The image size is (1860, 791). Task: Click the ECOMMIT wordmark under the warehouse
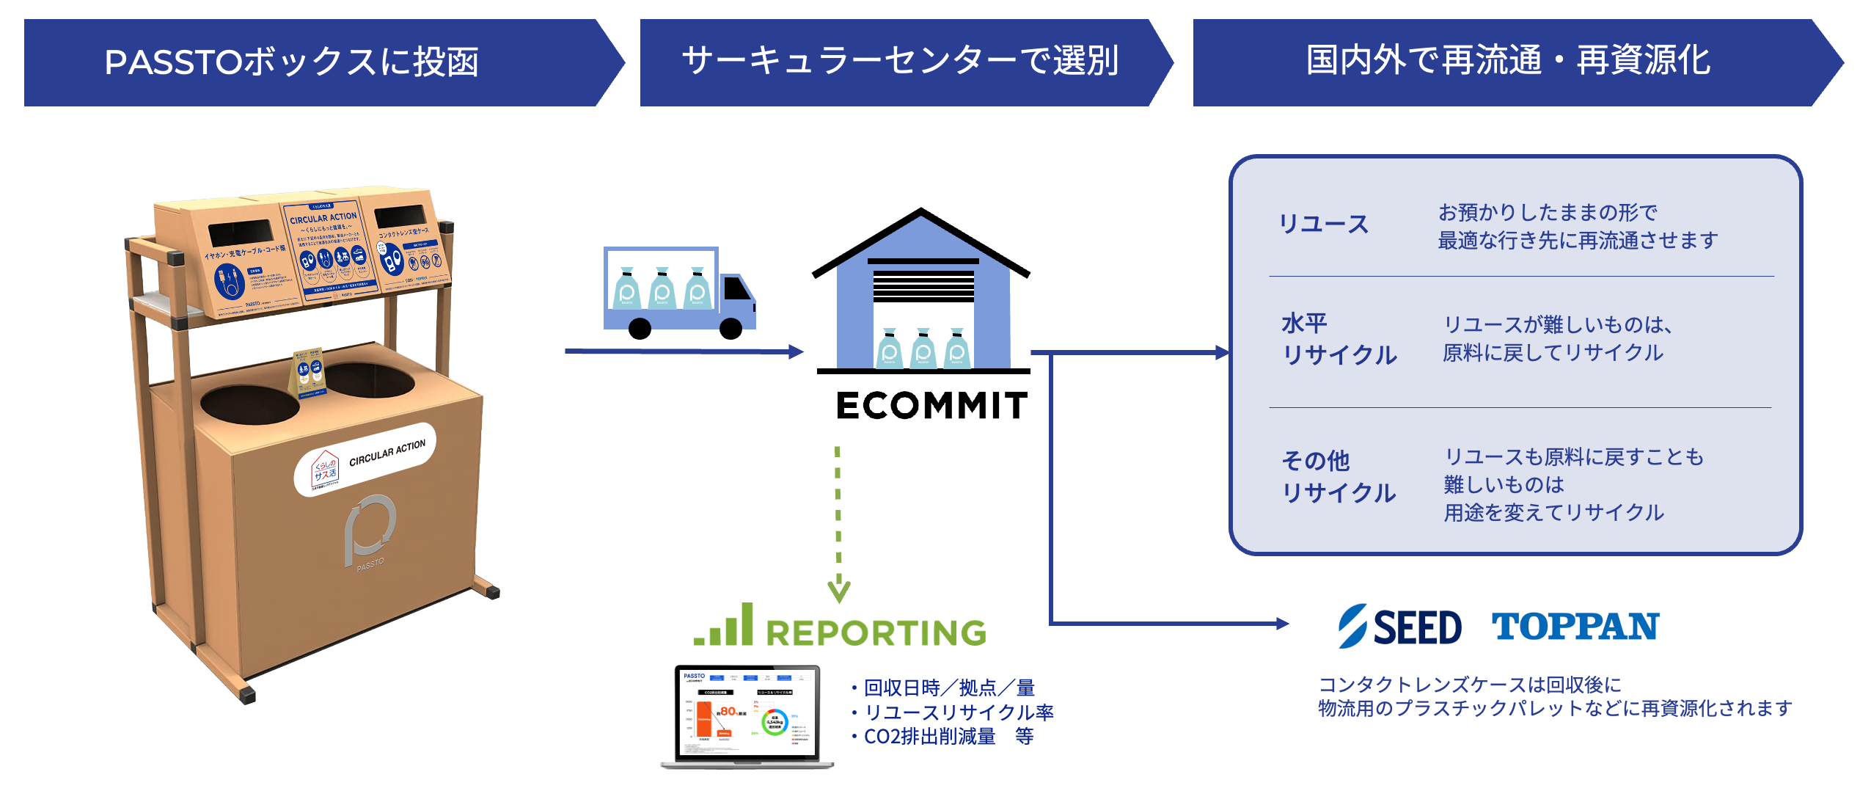coord(931,406)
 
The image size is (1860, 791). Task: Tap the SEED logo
coord(1399,627)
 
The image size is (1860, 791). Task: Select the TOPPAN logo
coord(1575,627)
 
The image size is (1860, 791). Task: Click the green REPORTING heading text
coord(876,633)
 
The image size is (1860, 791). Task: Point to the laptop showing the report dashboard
coord(747,715)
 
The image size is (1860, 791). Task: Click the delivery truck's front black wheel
coord(731,328)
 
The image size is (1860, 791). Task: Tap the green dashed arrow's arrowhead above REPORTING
coord(839,590)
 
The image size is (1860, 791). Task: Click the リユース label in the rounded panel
coord(1324,225)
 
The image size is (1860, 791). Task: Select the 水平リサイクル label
coord(1339,339)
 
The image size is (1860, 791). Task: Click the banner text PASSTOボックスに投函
coord(292,62)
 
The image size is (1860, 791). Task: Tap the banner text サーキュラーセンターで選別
coord(900,61)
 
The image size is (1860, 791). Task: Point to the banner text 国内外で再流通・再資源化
coord(1508,61)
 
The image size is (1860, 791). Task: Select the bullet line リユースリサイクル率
coord(959,712)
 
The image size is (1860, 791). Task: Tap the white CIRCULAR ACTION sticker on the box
coord(365,459)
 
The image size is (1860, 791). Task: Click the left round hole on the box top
coord(249,404)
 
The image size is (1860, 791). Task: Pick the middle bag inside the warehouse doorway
coord(923,349)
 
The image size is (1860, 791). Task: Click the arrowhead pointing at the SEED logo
coord(1282,624)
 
